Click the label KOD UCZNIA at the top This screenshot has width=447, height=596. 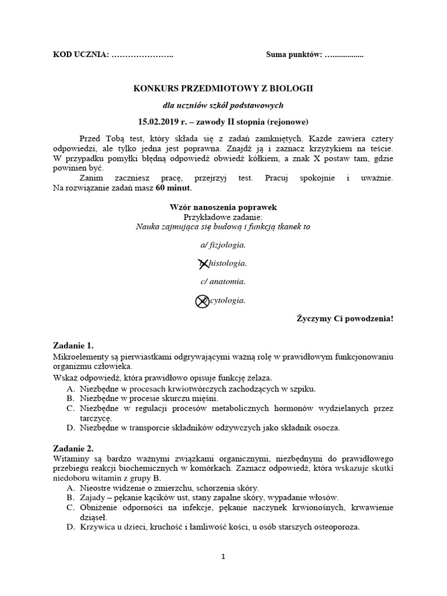pyautogui.click(x=80, y=55)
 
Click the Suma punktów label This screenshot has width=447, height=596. pyautogui.click(x=294, y=55)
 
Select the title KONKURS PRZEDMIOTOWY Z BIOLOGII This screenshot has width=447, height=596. pyautogui.click(x=223, y=88)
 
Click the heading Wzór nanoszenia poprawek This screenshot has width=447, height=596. pyautogui.click(x=223, y=207)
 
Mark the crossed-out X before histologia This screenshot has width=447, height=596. pyautogui.click(x=203, y=263)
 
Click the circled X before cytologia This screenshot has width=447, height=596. pyautogui.click(x=201, y=301)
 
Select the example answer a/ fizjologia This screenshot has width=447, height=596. pyautogui.click(x=223, y=244)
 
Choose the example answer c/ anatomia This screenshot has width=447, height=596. pyautogui.click(x=223, y=282)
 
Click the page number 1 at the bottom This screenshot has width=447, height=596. pyautogui.click(x=223, y=556)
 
